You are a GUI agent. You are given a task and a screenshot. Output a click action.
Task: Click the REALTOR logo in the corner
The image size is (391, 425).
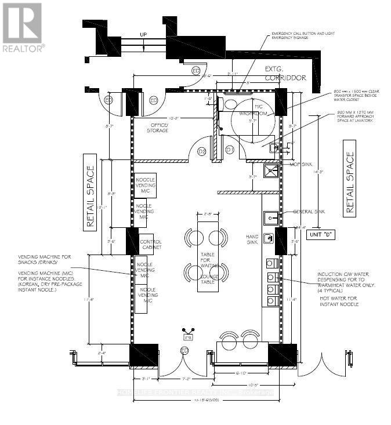pyautogui.click(x=21, y=27)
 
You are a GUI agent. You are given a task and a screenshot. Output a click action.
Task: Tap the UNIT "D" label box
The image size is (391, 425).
pyautogui.click(x=323, y=235)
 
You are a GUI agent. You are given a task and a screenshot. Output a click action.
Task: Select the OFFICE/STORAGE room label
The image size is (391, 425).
pyautogui.click(x=160, y=128)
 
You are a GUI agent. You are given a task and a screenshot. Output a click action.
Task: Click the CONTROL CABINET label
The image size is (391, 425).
pyautogui.click(x=150, y=244)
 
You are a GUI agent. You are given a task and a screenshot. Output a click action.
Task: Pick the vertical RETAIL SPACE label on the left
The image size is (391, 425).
pyautogui.click(x=90, y=198)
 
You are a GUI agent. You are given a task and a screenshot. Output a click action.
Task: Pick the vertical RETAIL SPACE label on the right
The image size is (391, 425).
pyautogui.click(x=349, y=183)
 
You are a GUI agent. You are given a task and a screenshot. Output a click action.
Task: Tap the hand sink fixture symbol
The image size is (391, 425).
pyautogui.click(x=269, y=238)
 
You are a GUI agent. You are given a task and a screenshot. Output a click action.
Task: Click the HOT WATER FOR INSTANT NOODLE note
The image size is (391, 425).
pyautogui.click(x=339, y=301)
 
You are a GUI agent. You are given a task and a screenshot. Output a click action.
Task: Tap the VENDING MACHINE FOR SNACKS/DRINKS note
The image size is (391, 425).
pyautogui.click(x=44, y=260)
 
